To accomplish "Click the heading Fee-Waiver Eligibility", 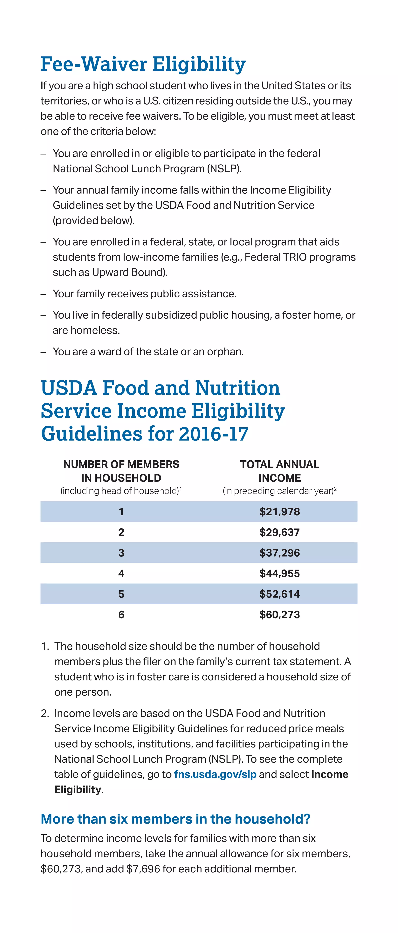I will tap(143, 64).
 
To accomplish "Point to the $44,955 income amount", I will tap(279, 573).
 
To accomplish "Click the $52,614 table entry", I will tap(279, 594).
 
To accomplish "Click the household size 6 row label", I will tap(121, 615).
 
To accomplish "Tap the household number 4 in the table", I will tap(121, 573).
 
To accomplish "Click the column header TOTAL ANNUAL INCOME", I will tap(279, 471).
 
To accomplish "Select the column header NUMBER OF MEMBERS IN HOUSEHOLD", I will tap(121, 471).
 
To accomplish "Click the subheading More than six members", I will tap(175, 819).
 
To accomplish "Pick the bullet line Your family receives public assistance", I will tap(144, 294).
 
